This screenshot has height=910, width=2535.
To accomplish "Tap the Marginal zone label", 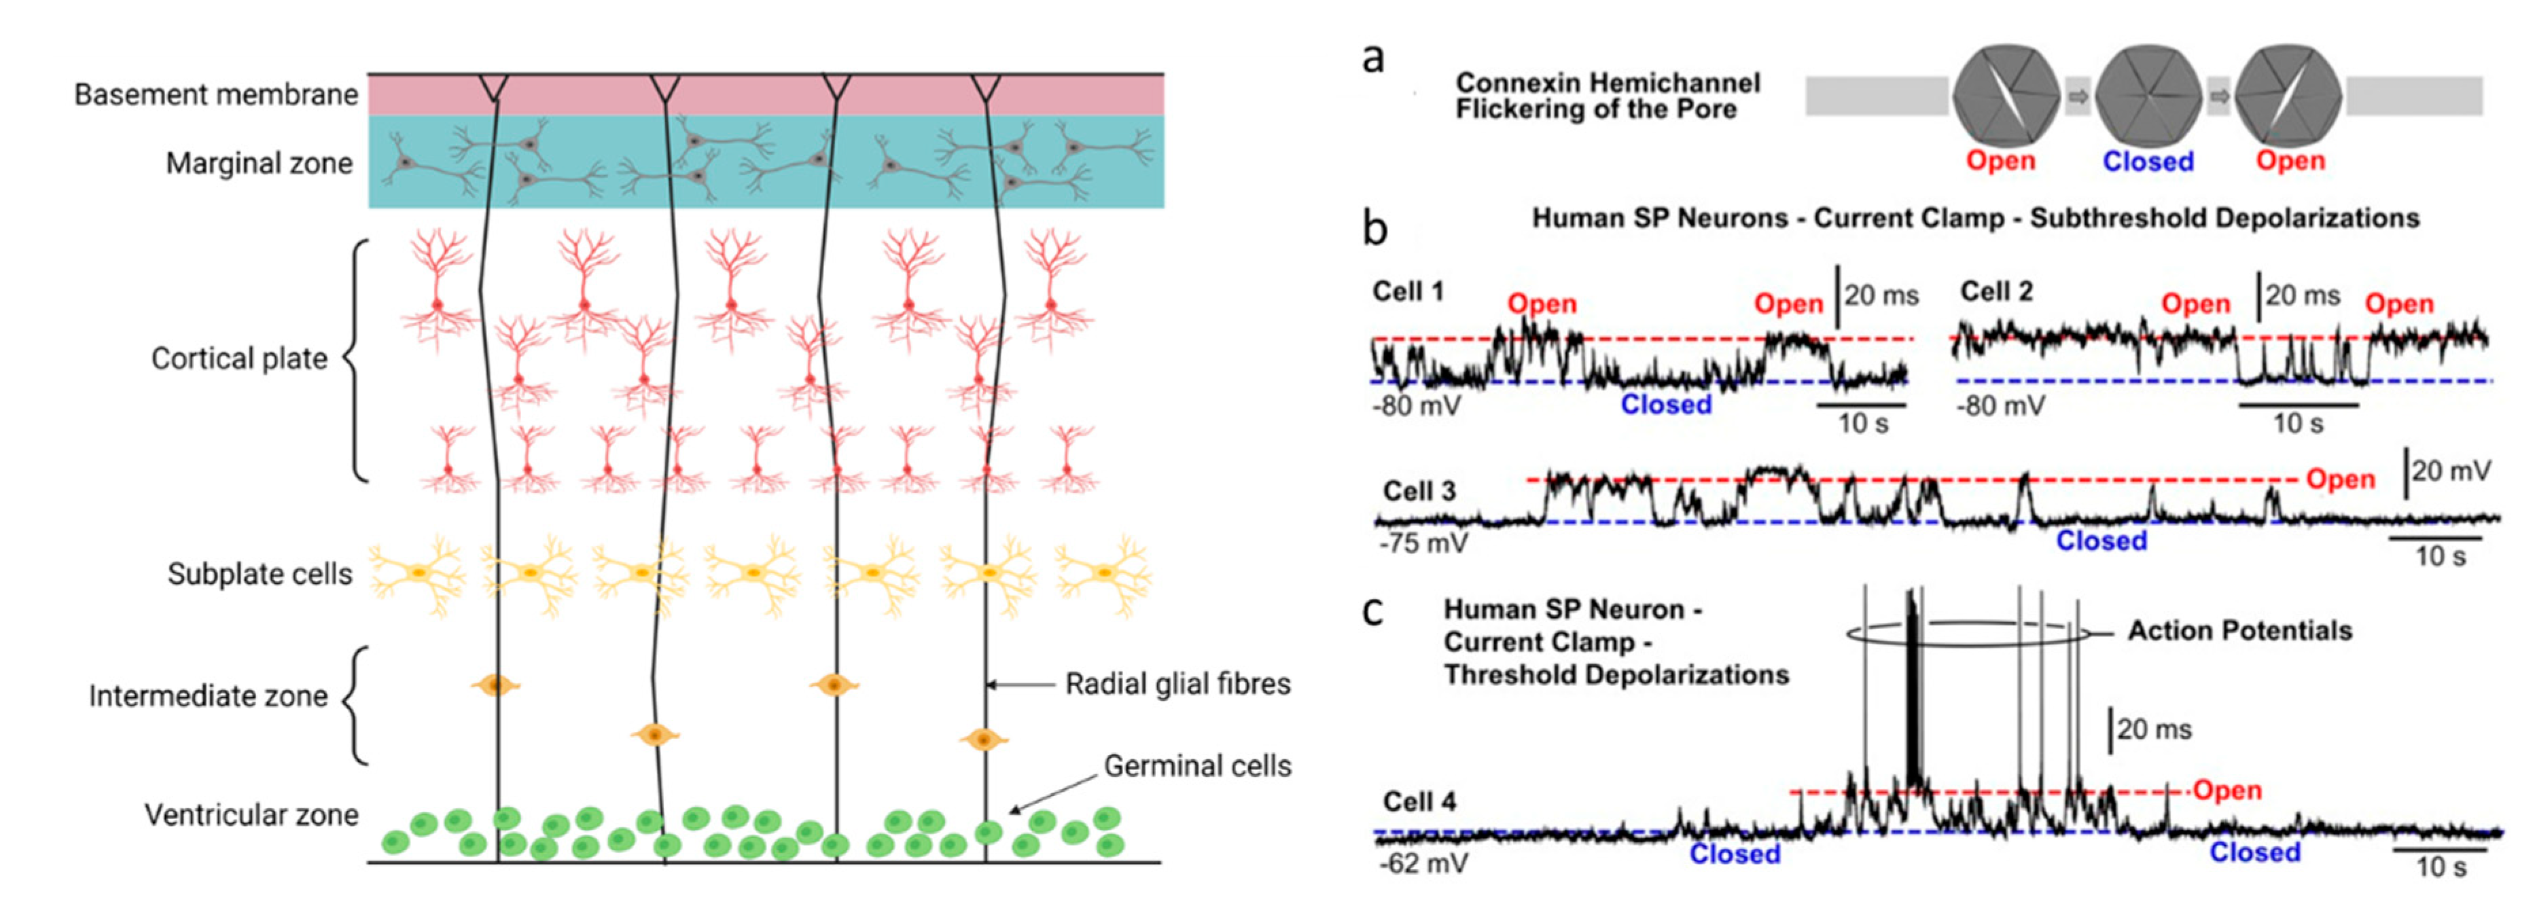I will (259, 162).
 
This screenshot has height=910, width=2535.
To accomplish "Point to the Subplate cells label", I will (260, 574).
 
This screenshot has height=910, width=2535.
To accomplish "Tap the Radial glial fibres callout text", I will (1178, 684).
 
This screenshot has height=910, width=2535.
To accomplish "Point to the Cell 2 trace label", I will (1997, 291).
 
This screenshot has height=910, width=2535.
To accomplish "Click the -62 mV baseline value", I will (1423, 864).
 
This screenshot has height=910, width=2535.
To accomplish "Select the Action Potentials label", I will (2239, 631).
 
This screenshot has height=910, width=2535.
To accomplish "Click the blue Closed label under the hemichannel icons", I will (2148, 162).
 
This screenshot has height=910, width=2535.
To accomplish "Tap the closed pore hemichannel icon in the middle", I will (2147, 96).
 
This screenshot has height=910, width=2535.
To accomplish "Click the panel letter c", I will (1372, 611).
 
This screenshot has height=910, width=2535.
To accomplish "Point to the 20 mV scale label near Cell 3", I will (2450, 471).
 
